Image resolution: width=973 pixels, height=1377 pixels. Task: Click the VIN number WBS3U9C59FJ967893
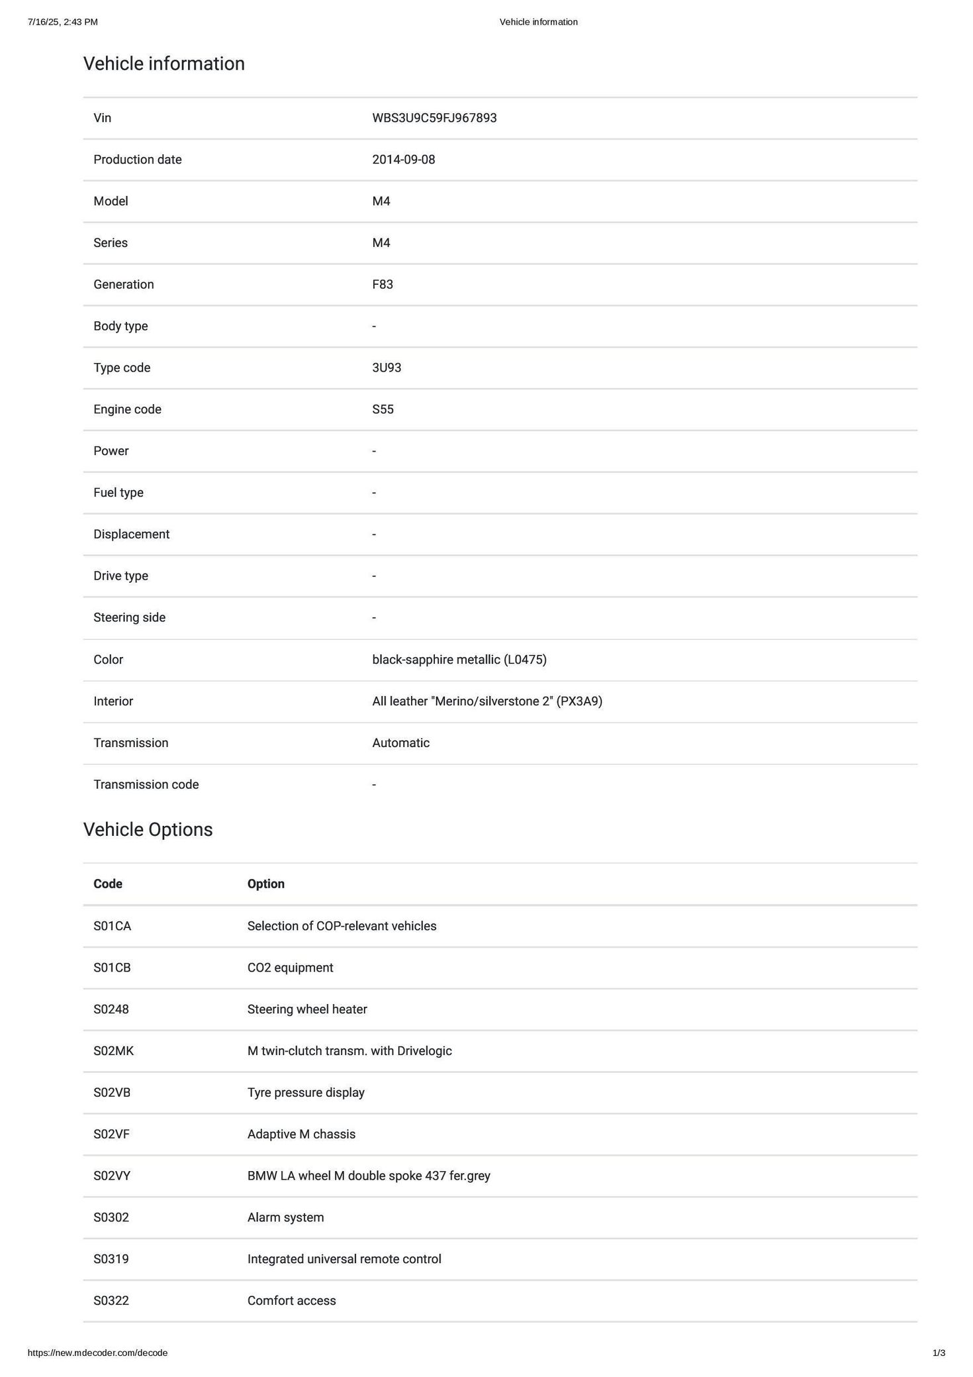pos(434,118)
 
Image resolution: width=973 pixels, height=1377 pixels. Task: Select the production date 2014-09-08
pos(404,160)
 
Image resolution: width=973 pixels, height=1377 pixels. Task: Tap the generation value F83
pos(383,284)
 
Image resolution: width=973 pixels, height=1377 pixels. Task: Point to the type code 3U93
pos(387,368)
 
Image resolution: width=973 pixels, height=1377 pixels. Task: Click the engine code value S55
pos(383,409)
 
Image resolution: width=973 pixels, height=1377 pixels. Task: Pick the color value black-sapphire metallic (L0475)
pos(459,660)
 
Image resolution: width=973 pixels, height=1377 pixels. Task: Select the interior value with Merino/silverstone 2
pos(487,701)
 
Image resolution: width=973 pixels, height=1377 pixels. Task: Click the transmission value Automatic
pos(400,743)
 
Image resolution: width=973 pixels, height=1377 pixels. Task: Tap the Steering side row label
pos(129,617)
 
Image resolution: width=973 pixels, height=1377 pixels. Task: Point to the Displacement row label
pos(131,534)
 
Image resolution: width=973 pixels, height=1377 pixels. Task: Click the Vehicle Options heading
pos(148,829)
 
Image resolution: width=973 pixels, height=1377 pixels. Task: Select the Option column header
pos(265,884)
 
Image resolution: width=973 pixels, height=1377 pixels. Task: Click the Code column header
pos(108,884)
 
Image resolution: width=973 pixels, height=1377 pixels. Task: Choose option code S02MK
pos(113,1050)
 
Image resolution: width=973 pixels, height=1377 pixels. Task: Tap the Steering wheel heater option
pos(307,1009)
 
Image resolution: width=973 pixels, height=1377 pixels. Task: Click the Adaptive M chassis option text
pos(301,1134)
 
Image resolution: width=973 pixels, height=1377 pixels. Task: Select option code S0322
pos(111,1300)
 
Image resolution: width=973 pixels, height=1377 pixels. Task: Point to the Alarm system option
pos(285,1217)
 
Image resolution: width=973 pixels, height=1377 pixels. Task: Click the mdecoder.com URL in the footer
pos(97,1352)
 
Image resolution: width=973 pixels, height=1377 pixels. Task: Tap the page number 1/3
pos(939,1352)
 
